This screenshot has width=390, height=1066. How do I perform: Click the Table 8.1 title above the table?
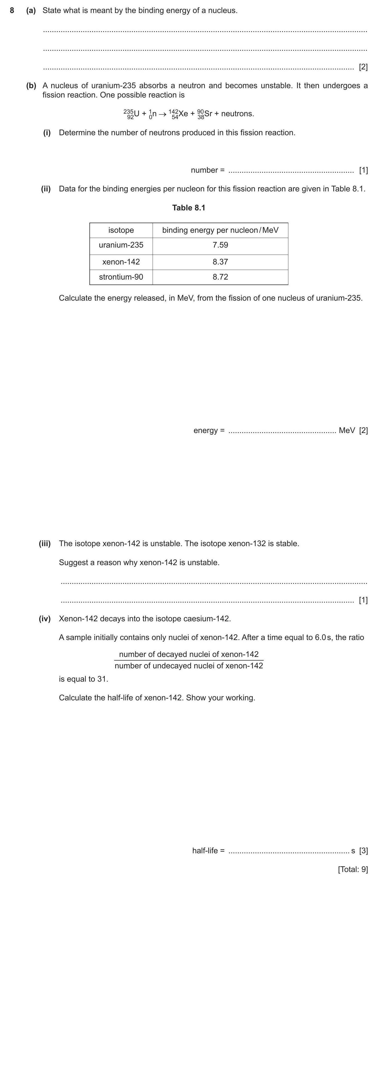[188, 208]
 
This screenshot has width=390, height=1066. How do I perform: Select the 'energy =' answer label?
[209, 430]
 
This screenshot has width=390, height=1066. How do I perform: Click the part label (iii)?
[45, 543]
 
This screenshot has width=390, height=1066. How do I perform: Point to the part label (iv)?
[45, 619]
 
